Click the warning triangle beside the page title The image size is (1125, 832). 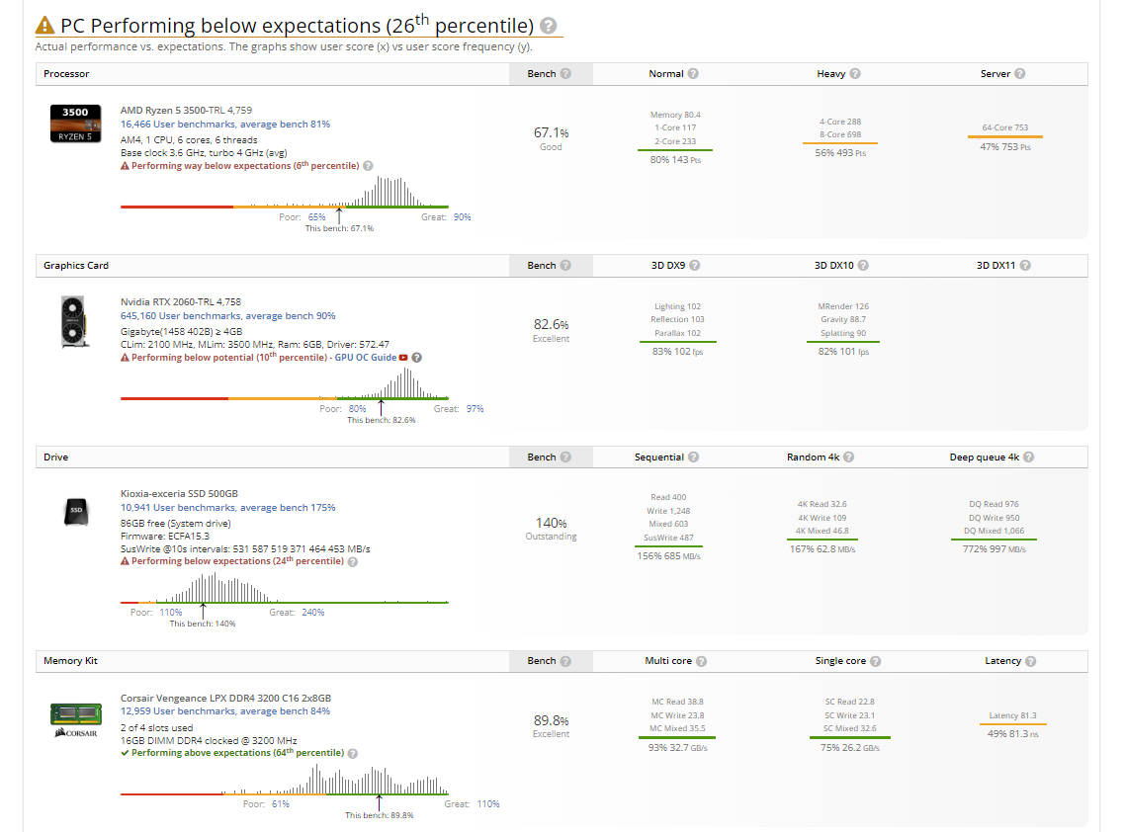[45, 26]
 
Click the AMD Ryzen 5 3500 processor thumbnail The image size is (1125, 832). [75, 124]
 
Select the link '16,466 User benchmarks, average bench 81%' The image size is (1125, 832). [225, 125]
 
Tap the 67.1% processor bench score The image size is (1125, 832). [551, 132]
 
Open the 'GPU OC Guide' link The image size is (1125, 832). [366, 358]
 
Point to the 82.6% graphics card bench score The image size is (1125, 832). [551, 324]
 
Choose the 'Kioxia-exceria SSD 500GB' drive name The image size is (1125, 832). [179, 494]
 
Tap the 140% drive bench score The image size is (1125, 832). [551, 523]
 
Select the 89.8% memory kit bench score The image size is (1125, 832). [551, 720]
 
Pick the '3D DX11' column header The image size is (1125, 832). [996, 266]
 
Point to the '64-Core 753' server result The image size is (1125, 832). [1005, 127]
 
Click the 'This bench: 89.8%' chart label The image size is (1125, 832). [379, 815]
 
